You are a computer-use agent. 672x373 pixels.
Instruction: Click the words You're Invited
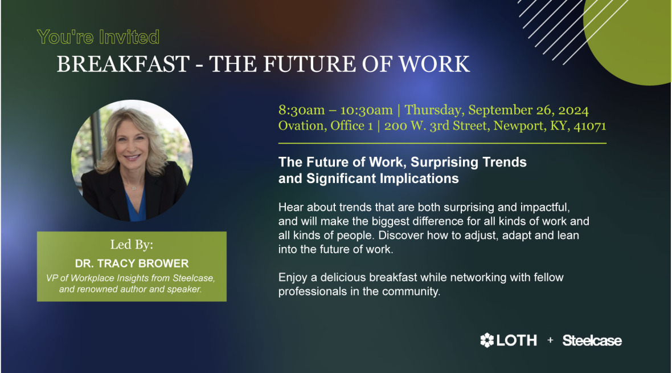click(x=98, y=38)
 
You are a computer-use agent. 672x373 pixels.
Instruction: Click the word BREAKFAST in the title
click(x=122, y=64)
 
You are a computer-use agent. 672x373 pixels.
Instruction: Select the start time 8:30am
click(x=302, y=110)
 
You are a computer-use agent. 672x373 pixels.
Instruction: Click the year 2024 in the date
click(x=571, y=110)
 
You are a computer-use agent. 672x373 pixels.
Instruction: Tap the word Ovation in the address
click(x=302, y=126)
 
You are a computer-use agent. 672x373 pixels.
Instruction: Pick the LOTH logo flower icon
click(x=487, y=340)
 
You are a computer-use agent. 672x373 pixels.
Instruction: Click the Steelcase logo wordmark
click(x=592, y=341)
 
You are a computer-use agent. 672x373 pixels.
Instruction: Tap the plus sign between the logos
click(x=550, y=340)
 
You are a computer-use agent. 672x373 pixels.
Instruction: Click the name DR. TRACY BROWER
click(x=132, y=264)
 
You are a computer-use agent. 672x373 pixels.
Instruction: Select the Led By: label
click(x=132, y=245)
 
